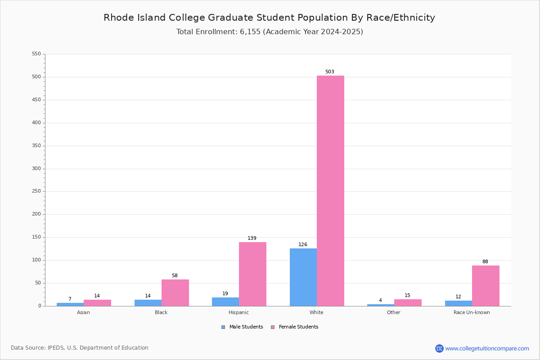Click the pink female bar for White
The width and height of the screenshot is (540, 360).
coord(330,191)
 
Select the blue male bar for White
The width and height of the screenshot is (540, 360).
coord(303,277)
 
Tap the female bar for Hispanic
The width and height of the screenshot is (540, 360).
coord(252,274)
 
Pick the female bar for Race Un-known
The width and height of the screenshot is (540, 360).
coord(486,286)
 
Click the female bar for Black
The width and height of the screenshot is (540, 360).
coord(175,292)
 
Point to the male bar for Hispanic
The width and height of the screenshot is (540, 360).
coord(225,302)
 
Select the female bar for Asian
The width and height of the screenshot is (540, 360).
coord(97,303)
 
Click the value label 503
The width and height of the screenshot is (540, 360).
coord(330,72)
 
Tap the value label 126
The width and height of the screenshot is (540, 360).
coord(303,245)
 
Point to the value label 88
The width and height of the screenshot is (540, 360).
coord(485,262)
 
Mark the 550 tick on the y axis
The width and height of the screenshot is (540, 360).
coord(36,54)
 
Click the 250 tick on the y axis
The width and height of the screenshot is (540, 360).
coord(36,191)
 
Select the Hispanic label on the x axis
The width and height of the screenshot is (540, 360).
coord(238,312)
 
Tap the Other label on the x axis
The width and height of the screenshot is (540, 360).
coord(394,312)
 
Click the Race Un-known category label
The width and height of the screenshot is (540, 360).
coord(472,312)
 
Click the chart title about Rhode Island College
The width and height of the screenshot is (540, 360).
coord(269,18)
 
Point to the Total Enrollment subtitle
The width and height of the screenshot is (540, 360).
coord(270,32)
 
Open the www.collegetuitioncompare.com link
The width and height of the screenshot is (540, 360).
coord(487,348)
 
